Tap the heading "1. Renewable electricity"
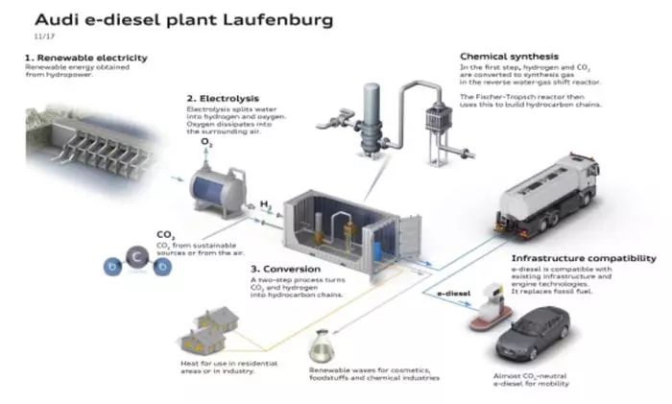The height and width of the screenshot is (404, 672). (85, 58)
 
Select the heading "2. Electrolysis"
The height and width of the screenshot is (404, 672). (225, 98)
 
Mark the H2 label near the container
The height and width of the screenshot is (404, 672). (265, 204)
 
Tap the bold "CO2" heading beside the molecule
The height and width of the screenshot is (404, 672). (165, 233)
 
